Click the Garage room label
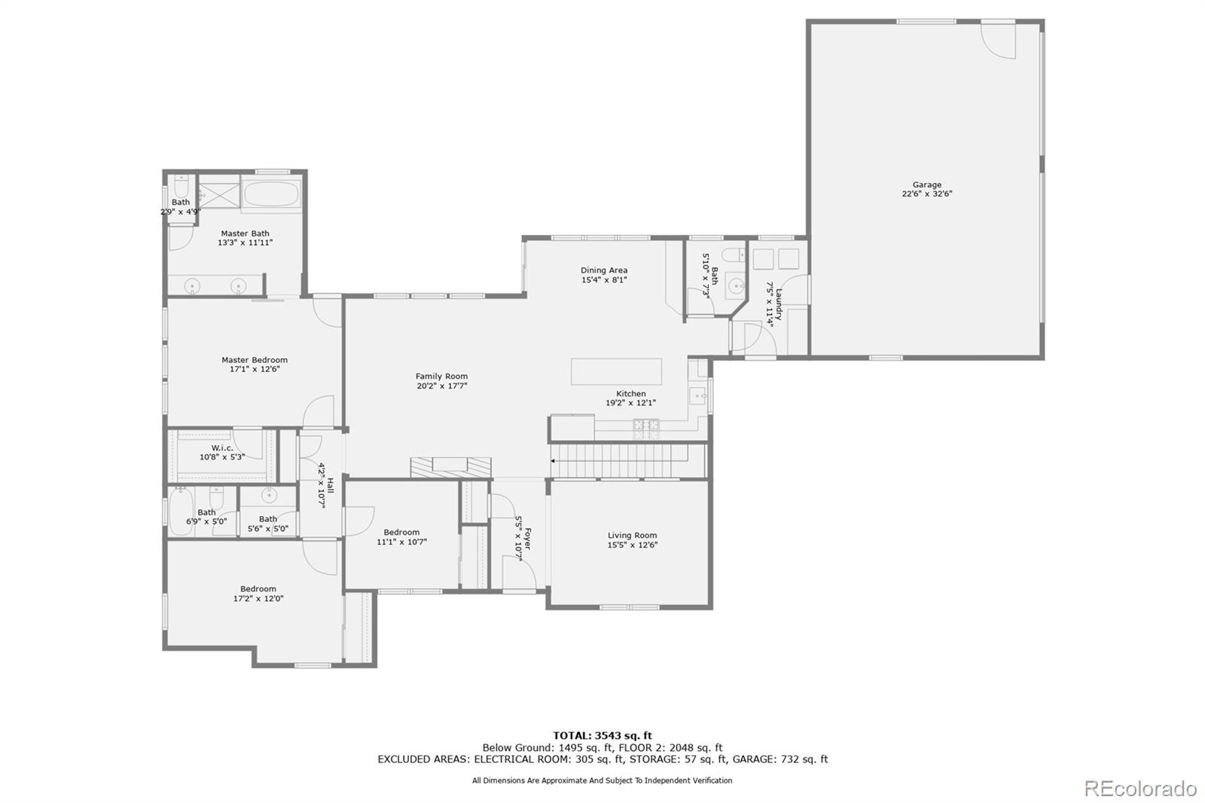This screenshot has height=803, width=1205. tap(926, 185)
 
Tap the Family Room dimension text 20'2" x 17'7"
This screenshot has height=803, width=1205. tap(441, 386)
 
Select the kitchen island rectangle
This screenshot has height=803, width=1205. tap(616, 371)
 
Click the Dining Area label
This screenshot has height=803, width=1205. tap(603, 270)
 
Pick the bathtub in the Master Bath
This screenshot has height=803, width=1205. tap(273, 194)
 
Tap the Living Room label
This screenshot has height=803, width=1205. tap(632, 536)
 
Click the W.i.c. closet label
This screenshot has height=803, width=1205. tap(221, 448)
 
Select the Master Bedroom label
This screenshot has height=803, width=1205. tap(254, 360)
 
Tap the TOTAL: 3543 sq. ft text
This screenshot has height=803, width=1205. tap(602, 735)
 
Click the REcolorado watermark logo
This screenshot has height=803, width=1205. tap(1139, 789)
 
